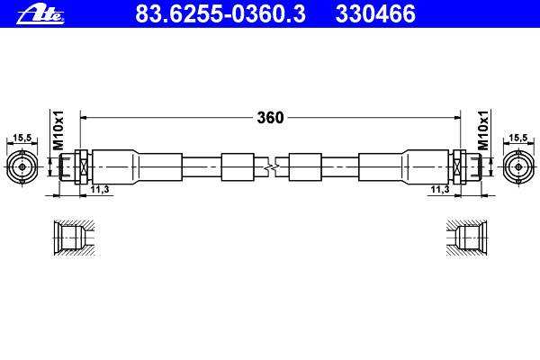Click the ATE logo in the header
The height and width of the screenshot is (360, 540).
40,15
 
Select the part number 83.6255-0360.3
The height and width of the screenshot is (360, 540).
220,13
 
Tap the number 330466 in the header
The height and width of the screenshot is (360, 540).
375,13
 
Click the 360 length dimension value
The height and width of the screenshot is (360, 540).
270,118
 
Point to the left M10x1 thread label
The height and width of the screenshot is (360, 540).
58,130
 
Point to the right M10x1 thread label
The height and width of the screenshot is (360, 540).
483,130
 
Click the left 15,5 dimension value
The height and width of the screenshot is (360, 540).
22,138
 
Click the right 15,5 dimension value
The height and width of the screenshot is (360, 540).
518,138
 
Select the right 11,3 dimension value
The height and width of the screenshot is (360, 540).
440,189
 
